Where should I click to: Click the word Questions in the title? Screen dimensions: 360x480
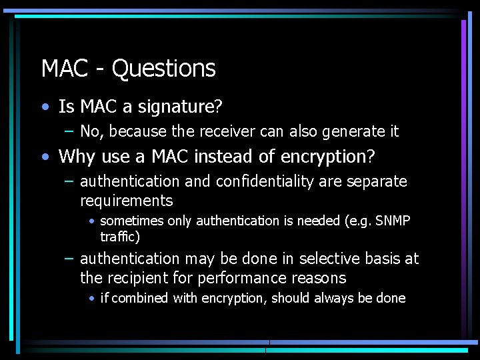(163, 69)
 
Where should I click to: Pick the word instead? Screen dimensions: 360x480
(225, 157)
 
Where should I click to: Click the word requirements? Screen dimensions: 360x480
(126, 201)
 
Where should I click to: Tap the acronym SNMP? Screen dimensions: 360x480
(393, 221)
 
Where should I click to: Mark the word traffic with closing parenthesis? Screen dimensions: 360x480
(120, 237)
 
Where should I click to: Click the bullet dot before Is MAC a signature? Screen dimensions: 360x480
(45, 107)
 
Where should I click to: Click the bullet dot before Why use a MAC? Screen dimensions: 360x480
(45, 157)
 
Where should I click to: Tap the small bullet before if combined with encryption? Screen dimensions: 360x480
(91, 299)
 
